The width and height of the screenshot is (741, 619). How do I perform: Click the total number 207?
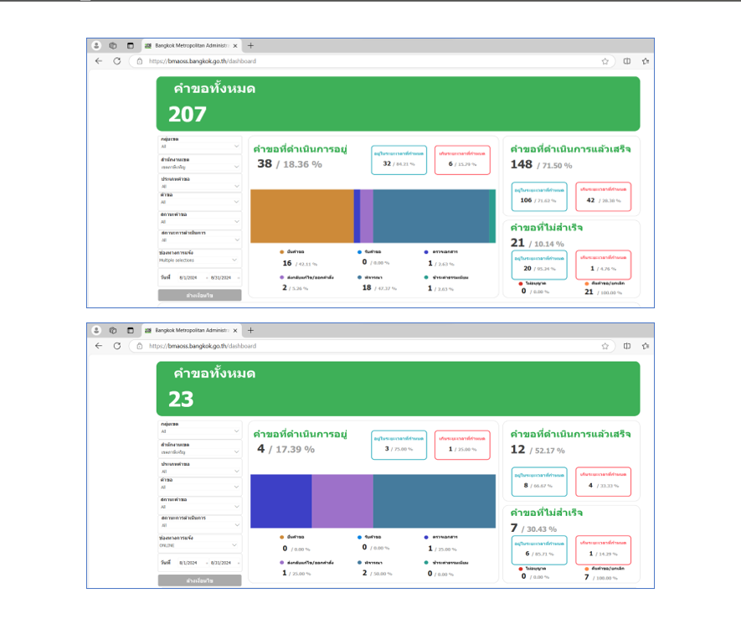click(x=187, y=115)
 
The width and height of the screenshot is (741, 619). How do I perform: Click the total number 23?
click(x=181, y=400)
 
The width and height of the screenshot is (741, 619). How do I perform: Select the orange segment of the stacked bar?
click(x=301, y=216)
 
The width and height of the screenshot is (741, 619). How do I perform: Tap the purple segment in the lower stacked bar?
click(x=342, y=501)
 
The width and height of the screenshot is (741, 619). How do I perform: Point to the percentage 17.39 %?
click(x=292, y=449)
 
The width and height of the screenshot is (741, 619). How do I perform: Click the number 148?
click(x=522, y=164)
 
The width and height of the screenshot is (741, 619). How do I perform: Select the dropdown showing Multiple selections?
click(x=199, y=260)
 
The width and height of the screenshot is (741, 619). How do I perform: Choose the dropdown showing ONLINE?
click(x=199, y=545)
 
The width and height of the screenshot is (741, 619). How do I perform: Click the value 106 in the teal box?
click(x=526, y=200)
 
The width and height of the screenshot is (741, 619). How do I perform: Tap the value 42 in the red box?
click(x=591, y=200)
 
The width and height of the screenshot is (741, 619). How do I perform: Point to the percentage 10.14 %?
click(x=547, y=244)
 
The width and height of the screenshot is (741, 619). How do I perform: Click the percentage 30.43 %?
click(x=544, y=529)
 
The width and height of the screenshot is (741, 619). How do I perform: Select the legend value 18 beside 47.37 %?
click(x=367, y=287)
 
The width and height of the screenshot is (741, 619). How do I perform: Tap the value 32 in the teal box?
click(x=387, y=163)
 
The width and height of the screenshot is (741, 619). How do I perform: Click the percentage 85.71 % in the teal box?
click(x=544, y=555)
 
